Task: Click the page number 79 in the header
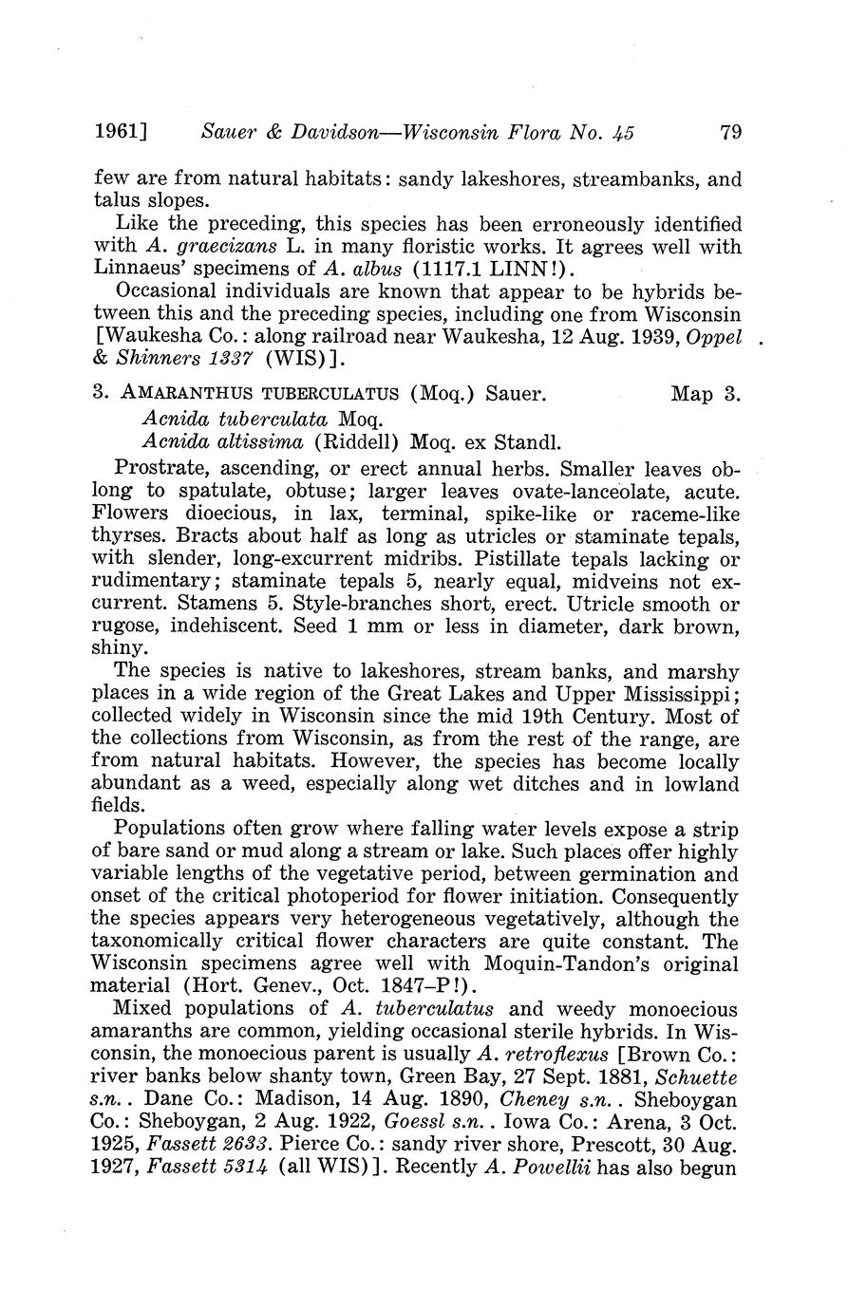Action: pyautogui.click(x=729, y=133)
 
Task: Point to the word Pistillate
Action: pyautogui.click(x=521, y=559)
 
